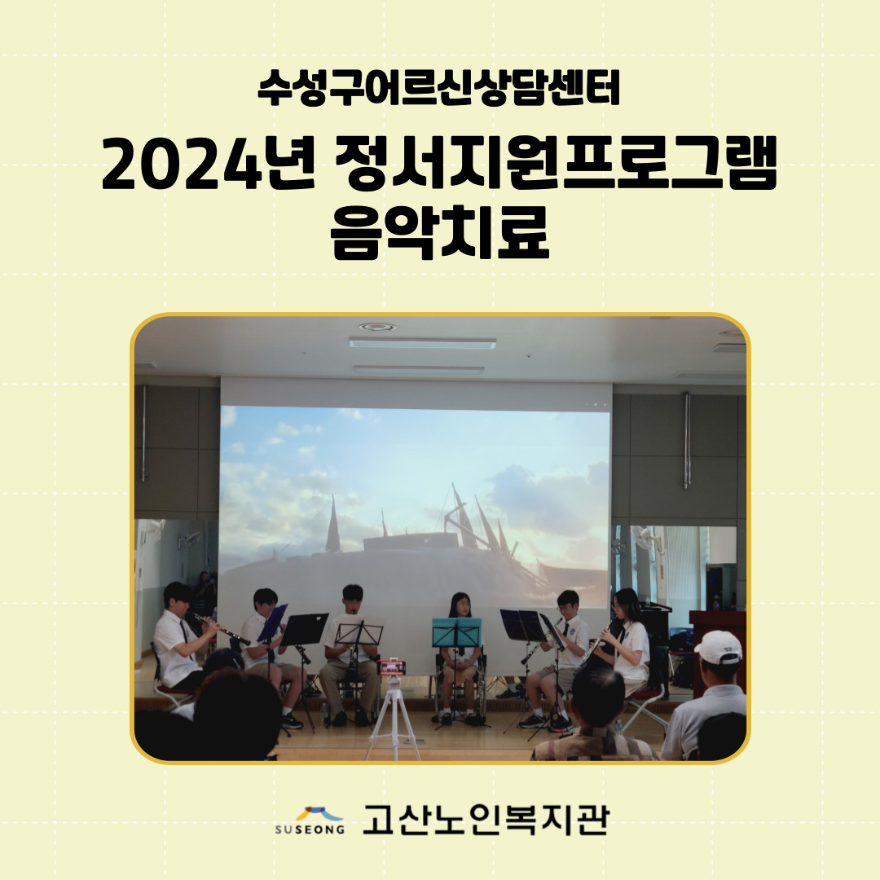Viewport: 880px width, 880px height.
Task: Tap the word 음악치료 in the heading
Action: [x=440, y=232]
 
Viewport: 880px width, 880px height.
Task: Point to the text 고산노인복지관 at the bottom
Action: [x=486, y=820]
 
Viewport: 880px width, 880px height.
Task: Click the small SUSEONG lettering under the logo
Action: [x=310, y=829]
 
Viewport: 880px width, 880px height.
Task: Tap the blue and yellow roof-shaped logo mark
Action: [x=319, y=814]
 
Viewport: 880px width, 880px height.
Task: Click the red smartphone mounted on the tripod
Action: [x=392, y=667]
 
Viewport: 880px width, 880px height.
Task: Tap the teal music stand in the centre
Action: [x=457, y=632]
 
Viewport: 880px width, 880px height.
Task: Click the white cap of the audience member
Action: [x=719, y=646]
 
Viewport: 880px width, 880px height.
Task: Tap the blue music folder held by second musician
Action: [x=273, y=623]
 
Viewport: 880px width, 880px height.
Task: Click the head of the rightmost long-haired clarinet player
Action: [x=625, y=605]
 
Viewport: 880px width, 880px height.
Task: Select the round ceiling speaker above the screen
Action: [x=377, y=327]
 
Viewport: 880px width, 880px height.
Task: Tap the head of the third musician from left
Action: [x=352, y=598]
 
